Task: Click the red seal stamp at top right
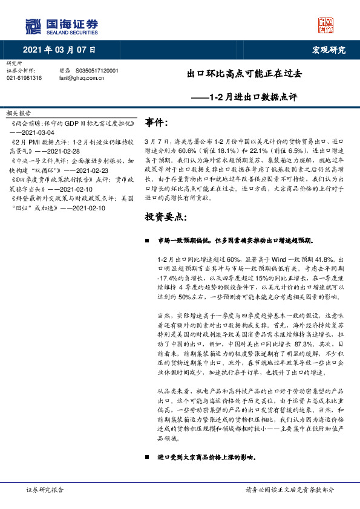point(326,25)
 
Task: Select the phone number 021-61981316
point(24,78)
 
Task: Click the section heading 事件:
point(156,123)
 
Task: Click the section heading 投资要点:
point(165,216)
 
